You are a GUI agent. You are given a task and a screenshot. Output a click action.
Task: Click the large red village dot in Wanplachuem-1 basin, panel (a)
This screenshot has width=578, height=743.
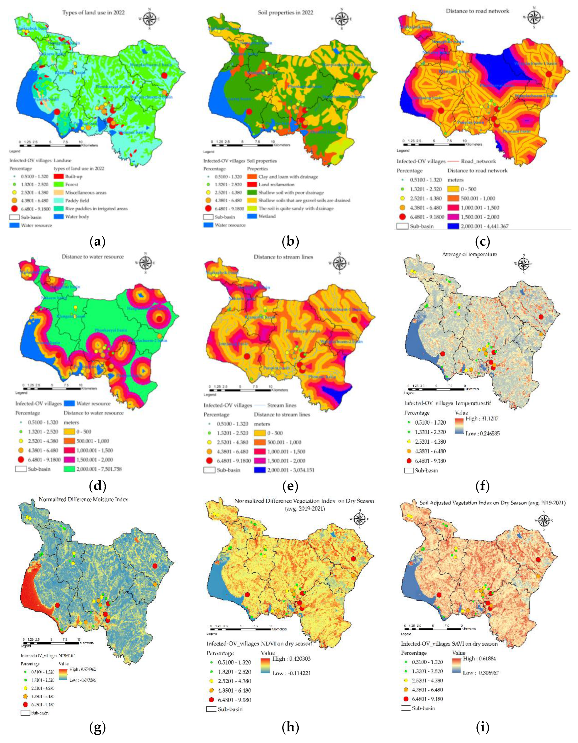coord(164,76)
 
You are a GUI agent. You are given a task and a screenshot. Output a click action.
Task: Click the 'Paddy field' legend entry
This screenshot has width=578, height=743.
coord(77,200)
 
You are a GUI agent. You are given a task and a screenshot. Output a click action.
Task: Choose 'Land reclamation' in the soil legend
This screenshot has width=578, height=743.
coord(276,185)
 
